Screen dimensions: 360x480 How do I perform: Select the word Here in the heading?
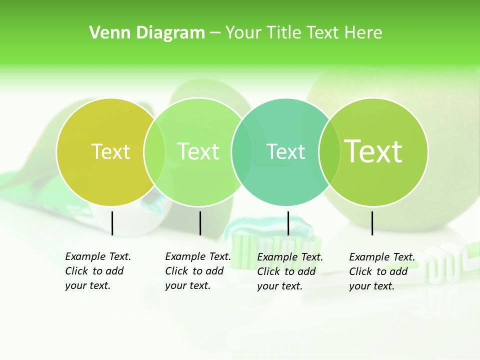[x=363, y=33]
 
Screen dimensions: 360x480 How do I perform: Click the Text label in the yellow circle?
[x=110, y=152]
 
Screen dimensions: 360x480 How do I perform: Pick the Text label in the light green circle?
[x=198, y=152]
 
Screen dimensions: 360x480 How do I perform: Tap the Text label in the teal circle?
[x=285, y=152]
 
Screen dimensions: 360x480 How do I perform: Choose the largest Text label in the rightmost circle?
[x=373, y=151]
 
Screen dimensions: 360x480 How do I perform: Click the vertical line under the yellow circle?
[x=112, y=223]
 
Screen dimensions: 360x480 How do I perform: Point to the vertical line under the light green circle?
[x=200, y=223]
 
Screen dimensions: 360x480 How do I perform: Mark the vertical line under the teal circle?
[x=288, y=223]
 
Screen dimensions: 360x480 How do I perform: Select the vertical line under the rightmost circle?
[x=372, y=223]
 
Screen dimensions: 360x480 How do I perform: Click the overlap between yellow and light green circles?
[x=155, y=152]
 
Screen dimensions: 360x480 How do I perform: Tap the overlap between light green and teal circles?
[x=242, y=152]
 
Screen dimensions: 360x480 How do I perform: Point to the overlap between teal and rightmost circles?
[x=329, y=152]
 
